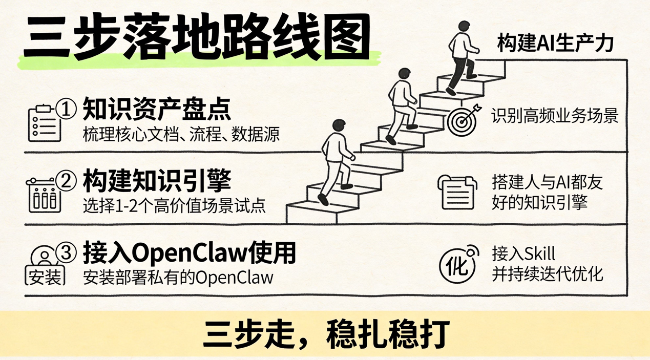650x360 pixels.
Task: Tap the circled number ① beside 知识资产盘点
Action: pyautogui.click(x=66, y=110)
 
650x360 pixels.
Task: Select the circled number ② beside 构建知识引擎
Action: pyautogui.click(x=66, y=181)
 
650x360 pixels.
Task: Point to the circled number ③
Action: pyautogui.click(x=66, y=252)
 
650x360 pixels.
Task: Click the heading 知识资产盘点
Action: pyautogui.click(x=157, y=109)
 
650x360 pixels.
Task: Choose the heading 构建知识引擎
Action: pyautogui.click(x=157, y=181)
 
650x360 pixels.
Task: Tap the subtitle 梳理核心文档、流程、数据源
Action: pyautogui.click(x=181, y=135)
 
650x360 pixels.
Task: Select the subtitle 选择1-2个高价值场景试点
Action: pyautogui.click(x=174, y=206)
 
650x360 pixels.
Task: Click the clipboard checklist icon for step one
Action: pyautogui.click(x=45, y=123)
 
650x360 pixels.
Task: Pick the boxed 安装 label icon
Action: pyautogui.click(x=45, y=276)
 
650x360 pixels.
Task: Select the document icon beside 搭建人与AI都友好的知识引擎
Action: pyautogui.click(x=457, y=192)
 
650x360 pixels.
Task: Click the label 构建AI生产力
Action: pyautogui.click(x=555, y=44)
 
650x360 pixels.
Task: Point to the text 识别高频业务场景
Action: pyautogui.click(x=555, y=115)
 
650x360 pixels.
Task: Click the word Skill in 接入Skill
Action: pyautogui.click(x=540, y=253)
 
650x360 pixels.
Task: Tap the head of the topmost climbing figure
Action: pyautogui.click(x=464, y=28)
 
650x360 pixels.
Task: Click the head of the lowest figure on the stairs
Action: pyautogui.click(x=339, y=126)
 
